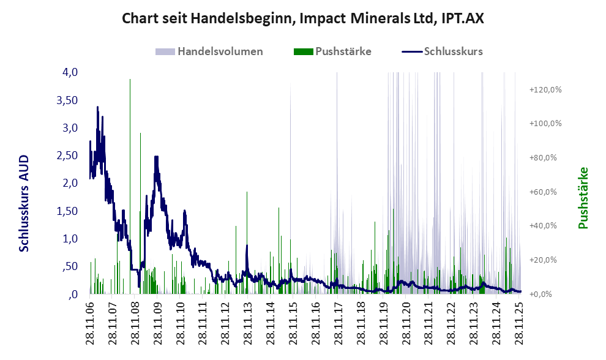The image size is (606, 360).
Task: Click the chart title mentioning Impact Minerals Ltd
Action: [x=303, y=18]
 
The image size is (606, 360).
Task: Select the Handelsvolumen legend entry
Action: [x=220, y=51]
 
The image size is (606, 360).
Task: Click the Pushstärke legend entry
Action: [x=343, y=51]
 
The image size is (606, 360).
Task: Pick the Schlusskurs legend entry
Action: [x=452, y=51]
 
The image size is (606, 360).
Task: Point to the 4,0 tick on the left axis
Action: [x=69, y=72]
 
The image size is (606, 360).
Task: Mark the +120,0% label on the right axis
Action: [x=545, y=89]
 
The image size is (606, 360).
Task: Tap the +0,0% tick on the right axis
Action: [x=545, y=294]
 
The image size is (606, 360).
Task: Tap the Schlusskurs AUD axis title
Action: [x=24, y=203]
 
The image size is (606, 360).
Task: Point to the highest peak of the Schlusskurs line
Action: [x=97, y=108]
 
